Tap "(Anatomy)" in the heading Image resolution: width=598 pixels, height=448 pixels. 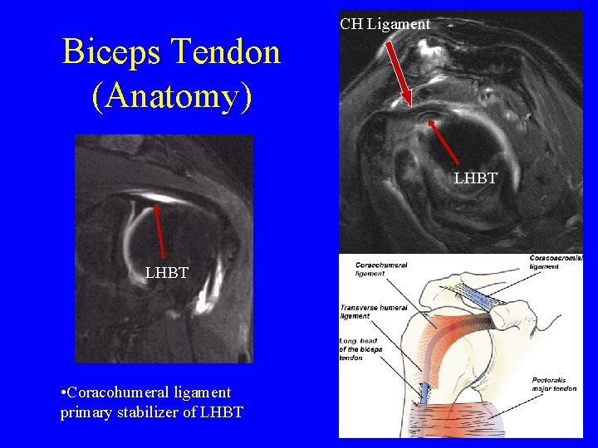pos(171,96)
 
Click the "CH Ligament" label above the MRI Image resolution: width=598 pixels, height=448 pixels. pos(385,24)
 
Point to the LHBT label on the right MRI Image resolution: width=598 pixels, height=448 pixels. pos(475,178)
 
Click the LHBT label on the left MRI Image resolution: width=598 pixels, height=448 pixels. pos(166,272)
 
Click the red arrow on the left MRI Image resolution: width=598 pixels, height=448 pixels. pos(159,231)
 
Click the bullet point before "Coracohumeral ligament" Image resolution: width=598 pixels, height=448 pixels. pos(64,392)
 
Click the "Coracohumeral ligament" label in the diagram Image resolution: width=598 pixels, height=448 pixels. pos(380,268)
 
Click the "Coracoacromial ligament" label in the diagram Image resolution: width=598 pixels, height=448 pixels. pos(556,261)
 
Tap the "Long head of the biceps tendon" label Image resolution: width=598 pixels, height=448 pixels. pos(361,349)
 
